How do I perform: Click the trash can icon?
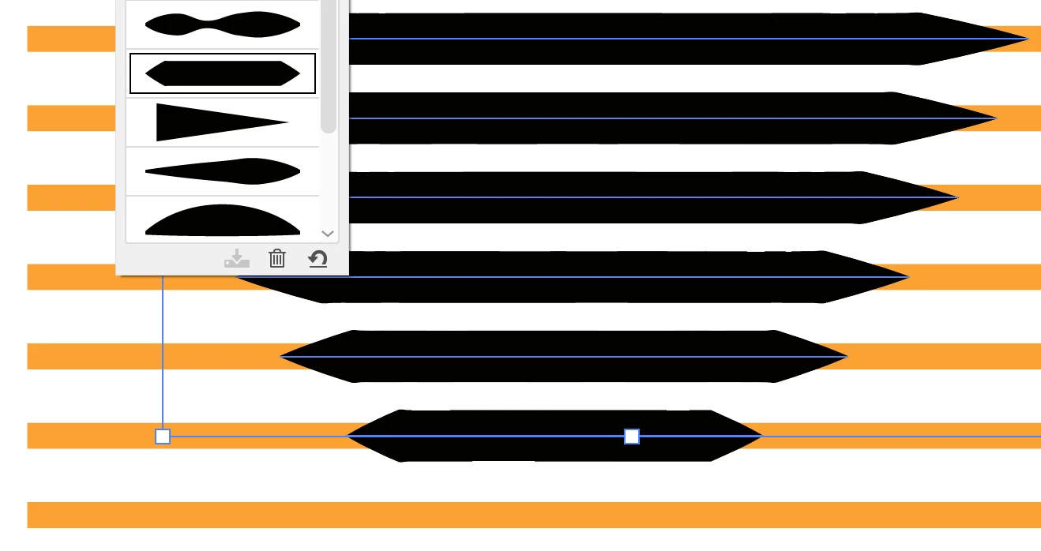point(276,258)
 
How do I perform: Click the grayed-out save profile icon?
point(237,258)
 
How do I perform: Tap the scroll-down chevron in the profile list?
point(328,234)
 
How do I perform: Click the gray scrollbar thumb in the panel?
point(329,67)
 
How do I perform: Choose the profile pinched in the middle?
point(223,24)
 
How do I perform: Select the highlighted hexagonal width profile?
point(223,73)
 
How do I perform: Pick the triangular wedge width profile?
point(221,122)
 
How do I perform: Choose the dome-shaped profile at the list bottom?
point(223,219)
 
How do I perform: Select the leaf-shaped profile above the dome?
point(223,171)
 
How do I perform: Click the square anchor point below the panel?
point(163,437)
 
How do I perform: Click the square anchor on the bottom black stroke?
point(632,437)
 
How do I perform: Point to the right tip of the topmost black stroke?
point(1028,39)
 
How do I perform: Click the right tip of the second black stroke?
point(996,118)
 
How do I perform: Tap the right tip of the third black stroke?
point(957,197)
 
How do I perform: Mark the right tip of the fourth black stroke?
point(908,277)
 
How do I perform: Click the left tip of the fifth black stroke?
point(282,357)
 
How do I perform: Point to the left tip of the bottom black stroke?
point(348,436)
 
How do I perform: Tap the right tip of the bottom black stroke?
point(761,436)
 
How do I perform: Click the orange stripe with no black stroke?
point(534,515)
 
